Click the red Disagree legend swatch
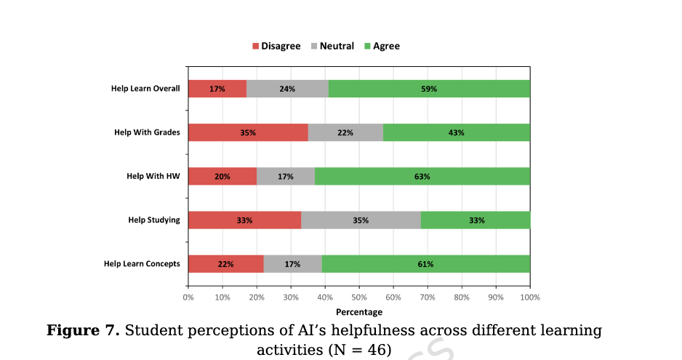255,47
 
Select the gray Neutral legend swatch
313,47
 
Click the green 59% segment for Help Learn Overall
429,89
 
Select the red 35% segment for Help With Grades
248,132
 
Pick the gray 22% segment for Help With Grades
345,132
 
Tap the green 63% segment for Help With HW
422,176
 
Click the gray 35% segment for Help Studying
361,220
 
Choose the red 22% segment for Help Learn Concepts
225,263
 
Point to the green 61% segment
426,263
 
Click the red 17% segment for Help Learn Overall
217,89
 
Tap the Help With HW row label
153,176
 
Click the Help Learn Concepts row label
142,263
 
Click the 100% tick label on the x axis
529,297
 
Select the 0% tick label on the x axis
188,297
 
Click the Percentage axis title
359,312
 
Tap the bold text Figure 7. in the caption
83,331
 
